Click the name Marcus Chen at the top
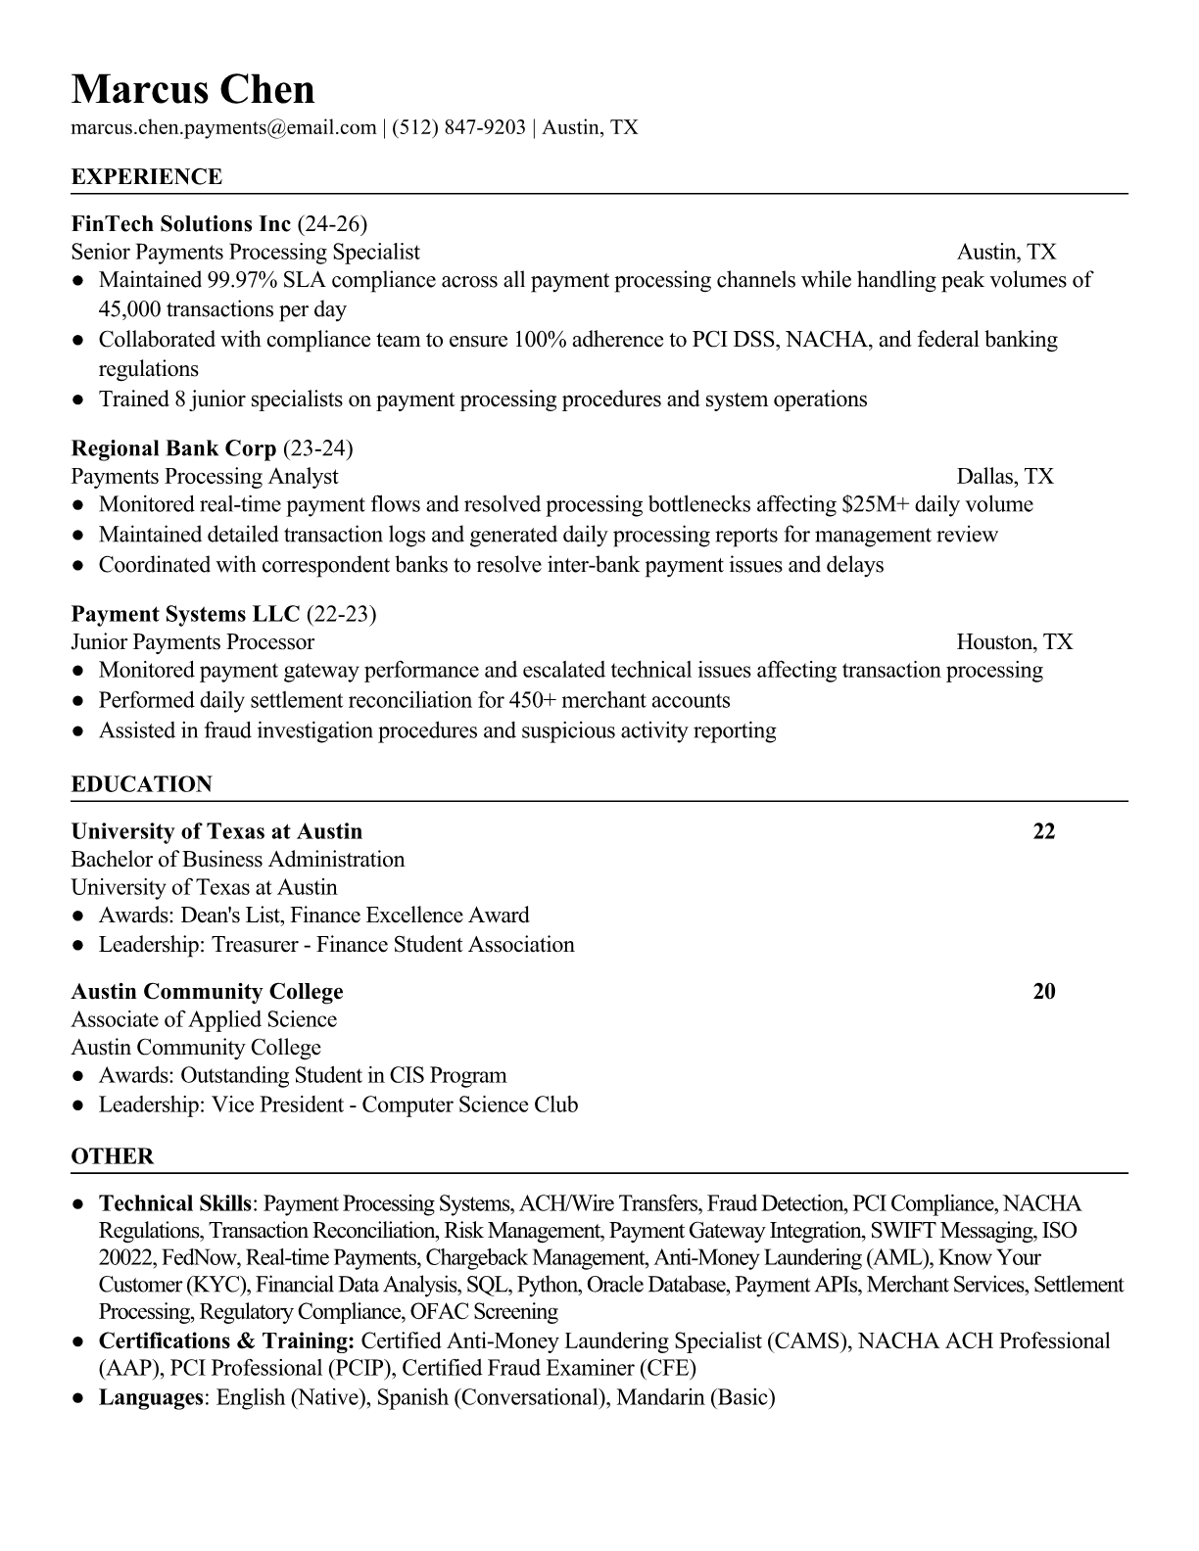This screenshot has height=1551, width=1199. click(x=193, y=89)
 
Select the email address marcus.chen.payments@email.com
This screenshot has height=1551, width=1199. click(x=223, y=126)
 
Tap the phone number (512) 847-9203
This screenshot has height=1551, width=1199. click(x=458, y=126)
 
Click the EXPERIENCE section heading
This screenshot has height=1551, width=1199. click(x=147, y=176)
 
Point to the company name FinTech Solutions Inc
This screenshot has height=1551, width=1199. click(x=181, y=223)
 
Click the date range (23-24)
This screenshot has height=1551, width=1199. click(x=317, y=448)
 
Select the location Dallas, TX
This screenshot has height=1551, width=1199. click(x=1005, y=476)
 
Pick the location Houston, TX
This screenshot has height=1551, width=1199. click(x=1014, y=641)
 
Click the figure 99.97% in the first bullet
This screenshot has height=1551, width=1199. click(x=241, y=280)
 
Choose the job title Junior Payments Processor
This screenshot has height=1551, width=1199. click(x=193, y=641)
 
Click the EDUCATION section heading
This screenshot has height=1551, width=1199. click(x=142, y=784)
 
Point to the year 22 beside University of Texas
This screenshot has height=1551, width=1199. click(x=1044, y=831)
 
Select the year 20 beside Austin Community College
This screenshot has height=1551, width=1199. click(x=1044, y=991)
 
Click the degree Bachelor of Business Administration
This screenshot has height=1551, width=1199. click(x=238, y=859)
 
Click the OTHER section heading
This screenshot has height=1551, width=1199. click(x=113, y=1156)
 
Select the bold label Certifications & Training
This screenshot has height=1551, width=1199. click(x=226, y=1340)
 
